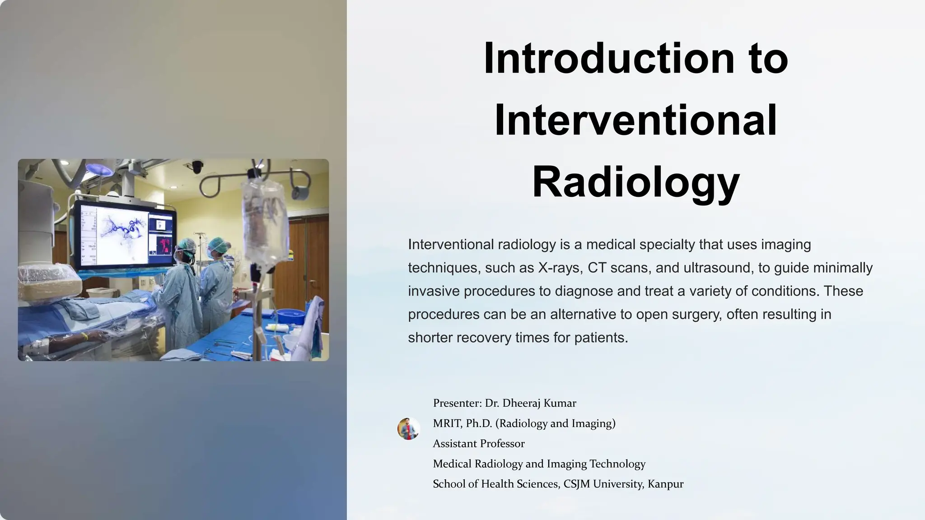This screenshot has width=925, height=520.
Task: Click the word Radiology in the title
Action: click(635, 182)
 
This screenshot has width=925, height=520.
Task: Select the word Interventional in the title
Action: click(635, 121)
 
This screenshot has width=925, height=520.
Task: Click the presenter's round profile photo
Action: click(409, 428)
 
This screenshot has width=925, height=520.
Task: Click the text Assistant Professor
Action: click(479, 444)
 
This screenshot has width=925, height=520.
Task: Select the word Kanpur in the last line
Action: click(665, 484)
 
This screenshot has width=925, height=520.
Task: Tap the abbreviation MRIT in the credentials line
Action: click(446, 423)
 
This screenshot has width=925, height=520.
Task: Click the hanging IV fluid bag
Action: click(265, 221)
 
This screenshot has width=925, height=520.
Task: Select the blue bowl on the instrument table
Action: click(289, 315)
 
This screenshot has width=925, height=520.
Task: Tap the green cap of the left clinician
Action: click(186, 244)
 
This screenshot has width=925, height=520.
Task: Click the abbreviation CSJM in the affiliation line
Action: click(577, 484)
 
